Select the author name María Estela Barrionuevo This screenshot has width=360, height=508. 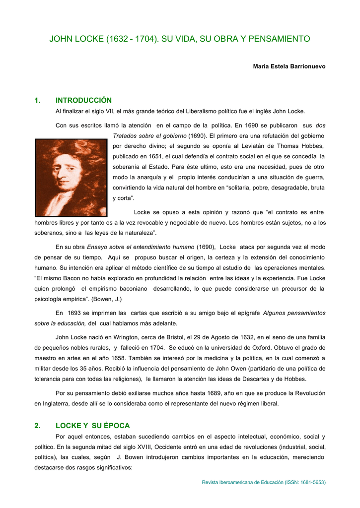click(x=289, y=66)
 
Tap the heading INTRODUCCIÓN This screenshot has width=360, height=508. click(x=83, y=100)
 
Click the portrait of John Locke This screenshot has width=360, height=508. click(x=71, y=177)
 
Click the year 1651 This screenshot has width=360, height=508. click(x=155, y=156)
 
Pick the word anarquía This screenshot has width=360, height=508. click(x=147, y=177)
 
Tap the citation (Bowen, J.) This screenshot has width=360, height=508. click(x=105, y=299)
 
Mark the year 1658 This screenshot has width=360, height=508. click(x=123, y=358)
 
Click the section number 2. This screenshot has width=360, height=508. click(x=37, y=426)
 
